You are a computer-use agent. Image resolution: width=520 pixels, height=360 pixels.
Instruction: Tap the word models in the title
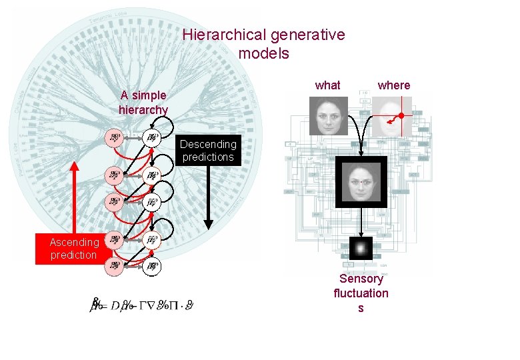pyautogui.click(x=263, y=53)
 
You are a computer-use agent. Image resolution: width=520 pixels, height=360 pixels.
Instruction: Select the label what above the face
pyautogui.click(x=327, y=85)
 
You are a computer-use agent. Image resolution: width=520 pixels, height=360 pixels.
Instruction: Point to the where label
pyautogui.click(x=394, y=85)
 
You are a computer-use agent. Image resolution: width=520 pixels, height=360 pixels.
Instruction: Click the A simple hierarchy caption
pyautogui.click(x=143, y=103)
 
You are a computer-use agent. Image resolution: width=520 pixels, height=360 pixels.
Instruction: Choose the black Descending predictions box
pyautogui.click(x=208, y=151)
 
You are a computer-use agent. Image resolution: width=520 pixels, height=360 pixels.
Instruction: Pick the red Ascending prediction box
pyautogui.click(x=73, y=249)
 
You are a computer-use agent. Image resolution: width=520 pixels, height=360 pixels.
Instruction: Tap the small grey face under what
pyautogui.click(x=329, y=116)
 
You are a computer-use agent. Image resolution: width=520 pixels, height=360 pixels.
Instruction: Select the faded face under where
pyautogui.click(x=391, y=116)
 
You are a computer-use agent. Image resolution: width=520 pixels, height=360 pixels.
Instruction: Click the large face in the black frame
pyautogui.click(x=361, y=182)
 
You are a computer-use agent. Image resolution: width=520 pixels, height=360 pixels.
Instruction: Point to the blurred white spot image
pyautogui.click(x=361, y=249)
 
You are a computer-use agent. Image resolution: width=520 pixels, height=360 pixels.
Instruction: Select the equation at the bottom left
pyautogui.click(x=143, y=305)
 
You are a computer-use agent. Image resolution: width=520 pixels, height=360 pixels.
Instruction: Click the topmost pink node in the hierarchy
pyautogui.click(x=115, y=138)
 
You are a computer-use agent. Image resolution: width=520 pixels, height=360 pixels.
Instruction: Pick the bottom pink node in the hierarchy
pyautogui.click(x=115, y=267)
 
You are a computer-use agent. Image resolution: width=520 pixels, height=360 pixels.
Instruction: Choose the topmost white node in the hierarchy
pyautogui.click(x=153, y=138)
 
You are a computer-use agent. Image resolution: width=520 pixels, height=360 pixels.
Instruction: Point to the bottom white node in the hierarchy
pyautogui.click(x=153, y=267)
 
